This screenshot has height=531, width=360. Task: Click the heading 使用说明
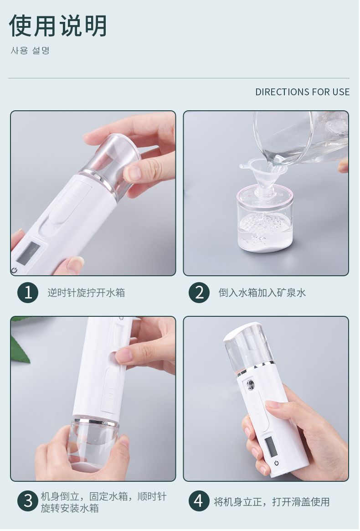57,26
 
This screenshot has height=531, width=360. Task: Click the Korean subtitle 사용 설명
31,51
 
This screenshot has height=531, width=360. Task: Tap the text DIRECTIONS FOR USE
302,92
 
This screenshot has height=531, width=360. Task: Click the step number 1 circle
28,292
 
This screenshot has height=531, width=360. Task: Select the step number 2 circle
199,292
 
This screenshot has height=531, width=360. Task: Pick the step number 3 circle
28,501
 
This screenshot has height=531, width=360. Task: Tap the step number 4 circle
199,501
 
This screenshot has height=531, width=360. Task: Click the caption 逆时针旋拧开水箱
87,292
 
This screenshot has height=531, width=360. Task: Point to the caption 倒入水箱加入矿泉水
262,292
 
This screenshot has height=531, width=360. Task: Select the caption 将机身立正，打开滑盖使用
272,501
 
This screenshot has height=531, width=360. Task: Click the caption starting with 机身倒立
103,502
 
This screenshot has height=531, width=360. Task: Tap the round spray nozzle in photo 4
251,385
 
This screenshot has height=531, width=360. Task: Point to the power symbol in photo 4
277,463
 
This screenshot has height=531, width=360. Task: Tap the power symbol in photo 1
14,270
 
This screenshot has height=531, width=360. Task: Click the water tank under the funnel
265,223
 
